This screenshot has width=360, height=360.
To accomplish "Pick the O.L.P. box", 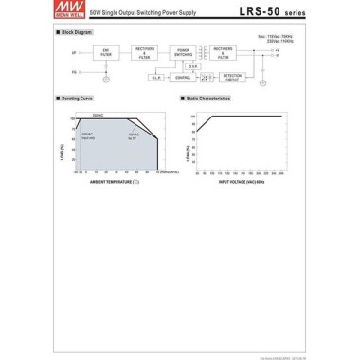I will coord(157,77).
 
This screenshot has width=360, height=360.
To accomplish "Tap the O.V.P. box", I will coord(193,66).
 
